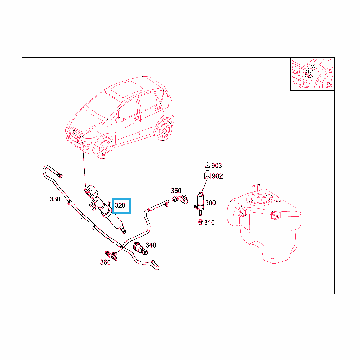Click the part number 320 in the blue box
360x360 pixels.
click(120, 205)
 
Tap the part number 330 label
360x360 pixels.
click(55, 199)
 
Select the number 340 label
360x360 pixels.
click(151, 245)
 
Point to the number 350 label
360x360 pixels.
click(176, 191)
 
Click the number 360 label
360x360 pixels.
click(105, 262)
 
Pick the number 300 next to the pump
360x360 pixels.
click(210, 203)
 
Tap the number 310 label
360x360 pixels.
click(210, 223)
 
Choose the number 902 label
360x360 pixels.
click(217, 176)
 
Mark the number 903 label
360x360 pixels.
click(217, 166)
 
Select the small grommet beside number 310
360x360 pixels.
click(200, 222)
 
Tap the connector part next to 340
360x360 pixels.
click(140, 249)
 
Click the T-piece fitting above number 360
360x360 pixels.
click(111, 255)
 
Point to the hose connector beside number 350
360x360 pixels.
click(180, 199)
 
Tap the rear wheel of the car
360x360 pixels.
click(164, 130)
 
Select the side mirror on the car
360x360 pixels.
click(120, 120)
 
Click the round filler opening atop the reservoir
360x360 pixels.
click(260, 199)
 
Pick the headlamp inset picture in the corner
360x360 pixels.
click(312, 74)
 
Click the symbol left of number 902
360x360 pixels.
click(207, 175)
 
